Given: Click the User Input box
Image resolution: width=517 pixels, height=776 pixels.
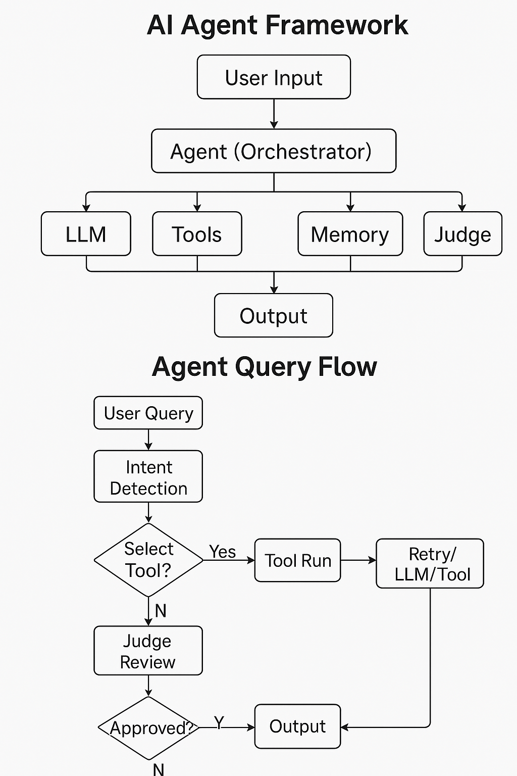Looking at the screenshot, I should click(x=274, y=77).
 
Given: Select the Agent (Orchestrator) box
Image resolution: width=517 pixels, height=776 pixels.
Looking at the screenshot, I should click(x=274, y=151).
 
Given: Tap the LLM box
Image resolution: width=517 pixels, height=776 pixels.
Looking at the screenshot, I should click(x=86, y=234).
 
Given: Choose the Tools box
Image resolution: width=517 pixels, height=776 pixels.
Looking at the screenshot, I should click(x=197, y=234).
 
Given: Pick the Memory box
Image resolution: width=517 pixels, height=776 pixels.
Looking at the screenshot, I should click(x=350, y=234).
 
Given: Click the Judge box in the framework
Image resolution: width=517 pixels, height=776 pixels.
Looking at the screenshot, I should click(x=462, y=234).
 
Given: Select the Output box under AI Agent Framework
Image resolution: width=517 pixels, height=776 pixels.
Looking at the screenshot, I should click(x=274, y=316).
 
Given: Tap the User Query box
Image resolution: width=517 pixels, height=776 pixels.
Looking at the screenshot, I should click(x=148, y=413).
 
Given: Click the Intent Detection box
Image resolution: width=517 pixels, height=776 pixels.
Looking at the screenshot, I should click(x=148, y=477).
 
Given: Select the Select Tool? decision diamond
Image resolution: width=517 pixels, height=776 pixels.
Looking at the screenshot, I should click(x=148, y=560).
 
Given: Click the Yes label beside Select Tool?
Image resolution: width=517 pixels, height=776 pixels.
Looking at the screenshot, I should click(x=223, y=552).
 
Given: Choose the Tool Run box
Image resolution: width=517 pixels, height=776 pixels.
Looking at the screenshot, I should click(x=298, y=560).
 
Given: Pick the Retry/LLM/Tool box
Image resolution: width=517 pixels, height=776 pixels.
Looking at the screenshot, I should click(x=430, y=564).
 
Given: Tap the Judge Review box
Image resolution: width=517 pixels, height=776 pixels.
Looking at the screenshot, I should click(x=148, y=651).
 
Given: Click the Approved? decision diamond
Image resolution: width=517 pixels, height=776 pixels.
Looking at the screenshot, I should click(x=148, y=728).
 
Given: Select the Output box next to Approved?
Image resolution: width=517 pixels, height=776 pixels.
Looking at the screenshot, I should click(x=298, y=726).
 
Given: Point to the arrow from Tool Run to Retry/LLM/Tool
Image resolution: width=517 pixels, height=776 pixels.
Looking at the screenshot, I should click(x=358, y=560).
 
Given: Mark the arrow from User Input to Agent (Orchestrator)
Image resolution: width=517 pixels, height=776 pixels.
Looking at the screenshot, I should click(x=274, y=114).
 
